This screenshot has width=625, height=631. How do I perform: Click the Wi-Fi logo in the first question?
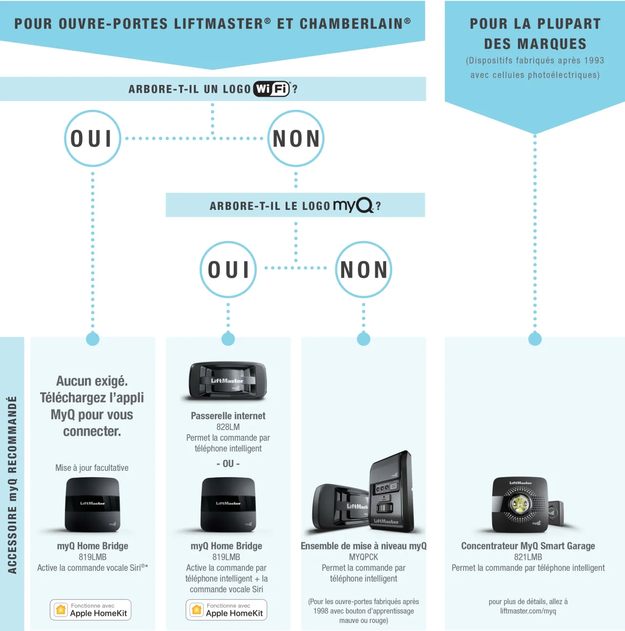271,89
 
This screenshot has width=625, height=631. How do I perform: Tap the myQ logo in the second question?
353,205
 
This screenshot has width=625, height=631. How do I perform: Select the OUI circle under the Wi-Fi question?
92,139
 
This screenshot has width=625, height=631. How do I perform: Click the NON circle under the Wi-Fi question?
296,139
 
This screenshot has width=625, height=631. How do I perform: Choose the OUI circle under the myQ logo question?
228,269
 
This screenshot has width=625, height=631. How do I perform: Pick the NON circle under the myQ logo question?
364,269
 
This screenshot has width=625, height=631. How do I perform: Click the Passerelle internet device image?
228,381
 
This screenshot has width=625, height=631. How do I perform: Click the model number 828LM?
228,427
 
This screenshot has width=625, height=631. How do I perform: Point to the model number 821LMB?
528,557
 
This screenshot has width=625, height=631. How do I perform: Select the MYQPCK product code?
364,557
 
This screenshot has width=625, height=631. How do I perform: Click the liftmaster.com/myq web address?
528,611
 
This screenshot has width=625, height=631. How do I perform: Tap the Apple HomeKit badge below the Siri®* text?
90,610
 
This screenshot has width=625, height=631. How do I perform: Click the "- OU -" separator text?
228,464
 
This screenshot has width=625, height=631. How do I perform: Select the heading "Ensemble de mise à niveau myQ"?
364,546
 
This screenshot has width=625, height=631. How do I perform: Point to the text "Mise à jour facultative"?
92,468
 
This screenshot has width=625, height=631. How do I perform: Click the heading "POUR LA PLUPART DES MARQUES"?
535,34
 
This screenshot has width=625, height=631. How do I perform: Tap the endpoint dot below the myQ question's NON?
364,339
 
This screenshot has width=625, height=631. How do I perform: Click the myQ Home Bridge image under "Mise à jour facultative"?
92,505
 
